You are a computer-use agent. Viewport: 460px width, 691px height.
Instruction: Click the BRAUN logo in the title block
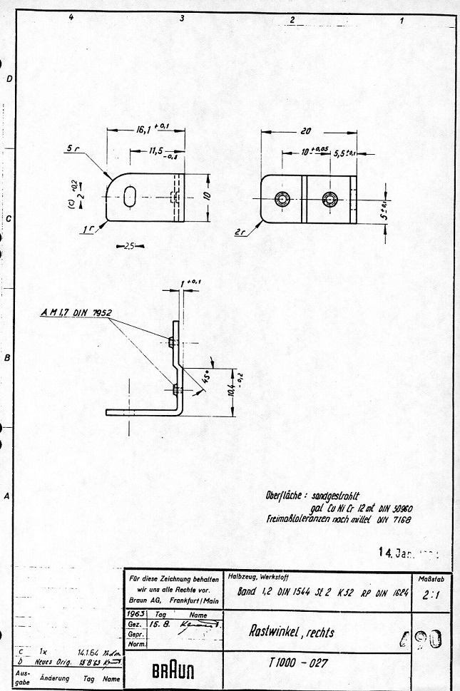(x=173, y=671)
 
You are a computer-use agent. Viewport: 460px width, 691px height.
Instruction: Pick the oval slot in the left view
(x=129, y=198)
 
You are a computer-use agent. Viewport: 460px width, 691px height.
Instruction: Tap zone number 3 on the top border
(x=183, y=19)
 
